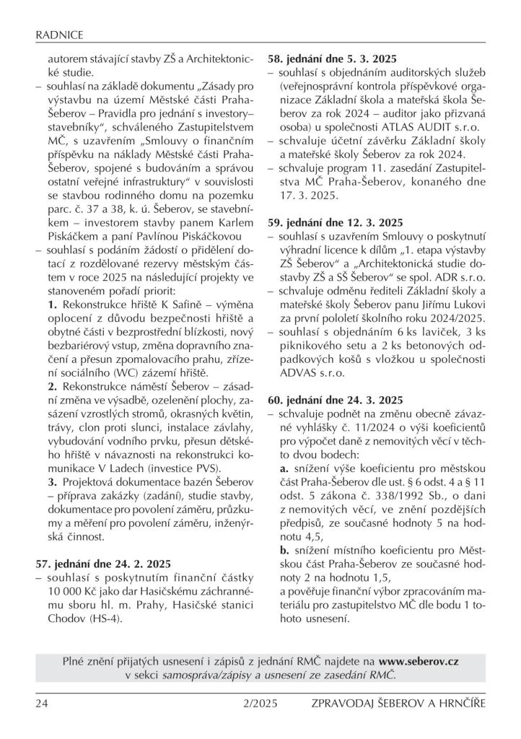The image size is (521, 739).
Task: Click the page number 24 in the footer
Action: (42, 704)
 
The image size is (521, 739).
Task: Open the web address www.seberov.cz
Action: (419, 660)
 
